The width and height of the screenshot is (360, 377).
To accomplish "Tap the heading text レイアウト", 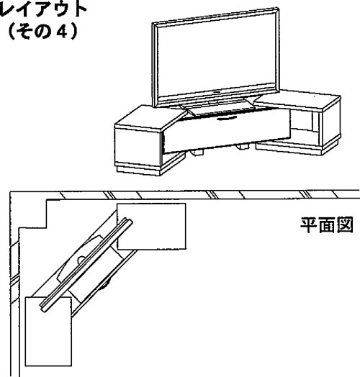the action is pyautogui.click(x=42, y=9).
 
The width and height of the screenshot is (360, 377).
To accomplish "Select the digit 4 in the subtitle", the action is pyautogui.click(x=62, y=32).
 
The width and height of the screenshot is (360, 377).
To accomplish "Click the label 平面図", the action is pyautogui.click(x=326, y=224).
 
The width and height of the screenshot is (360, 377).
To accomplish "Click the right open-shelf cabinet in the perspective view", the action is pyautogui.click(x=305, y=122).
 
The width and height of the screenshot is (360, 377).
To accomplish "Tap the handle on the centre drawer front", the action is pyautogui.click(x=227, y=118).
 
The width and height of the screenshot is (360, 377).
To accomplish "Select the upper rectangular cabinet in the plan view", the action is pyautogui.click(x=151, y=226).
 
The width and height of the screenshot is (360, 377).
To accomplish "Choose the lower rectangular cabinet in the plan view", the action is pyautogui.click(x=48, y=332).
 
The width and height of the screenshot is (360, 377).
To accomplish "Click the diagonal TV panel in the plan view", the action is pyautogui.click(x=86, y=265).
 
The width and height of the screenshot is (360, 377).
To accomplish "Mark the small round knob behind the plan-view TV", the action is pyautogui.click(x=81, y=260).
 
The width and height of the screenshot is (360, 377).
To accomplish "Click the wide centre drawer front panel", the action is pyautogui.click(x=227, y=131).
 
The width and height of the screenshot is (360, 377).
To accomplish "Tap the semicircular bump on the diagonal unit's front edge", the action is pyautogui.click(x=105, y=285).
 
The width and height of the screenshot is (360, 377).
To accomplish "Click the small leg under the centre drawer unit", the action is pyautogui.click(x=197, y=153).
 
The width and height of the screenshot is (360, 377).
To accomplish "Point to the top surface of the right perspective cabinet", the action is pyautogui.click(x=297, y=99).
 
